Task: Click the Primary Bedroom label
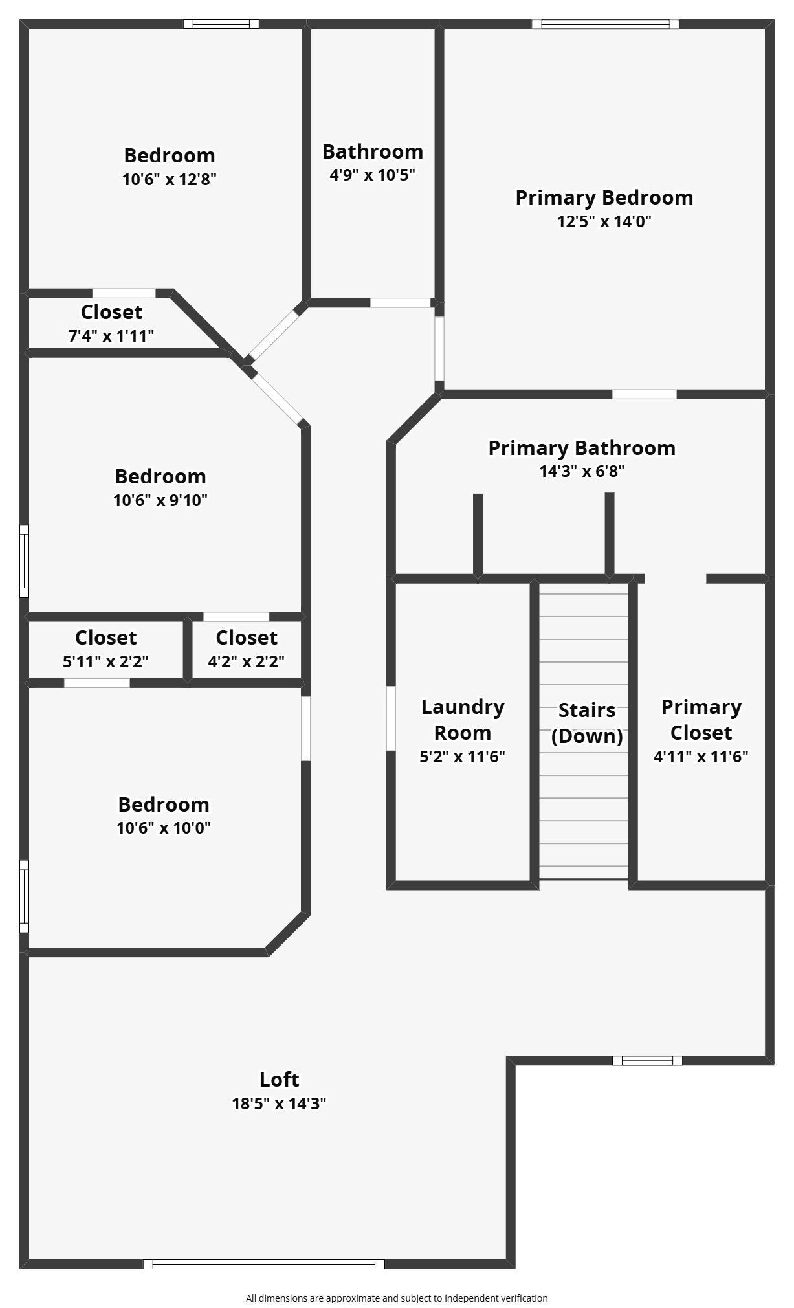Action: pos(604,197)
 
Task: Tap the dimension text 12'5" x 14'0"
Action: pos(604,221)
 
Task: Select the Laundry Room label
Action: pos(463,720)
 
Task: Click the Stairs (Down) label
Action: pos(587,723)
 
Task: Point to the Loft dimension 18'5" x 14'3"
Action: pos(279,1103)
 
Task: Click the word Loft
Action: pos(279,1080)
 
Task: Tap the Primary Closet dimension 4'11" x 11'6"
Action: pos(701,757)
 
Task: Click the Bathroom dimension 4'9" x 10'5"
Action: pos(372,175)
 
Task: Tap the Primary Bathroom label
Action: pos(582,448)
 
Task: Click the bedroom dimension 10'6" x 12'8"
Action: pos(169,179)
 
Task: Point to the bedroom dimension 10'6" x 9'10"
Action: pos(160,500)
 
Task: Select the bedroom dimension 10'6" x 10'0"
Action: pos(163,828)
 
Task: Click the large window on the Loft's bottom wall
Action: pos(264,1263)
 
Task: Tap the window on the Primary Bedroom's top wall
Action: pos(605,25)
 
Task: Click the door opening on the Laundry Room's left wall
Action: pos(391,718)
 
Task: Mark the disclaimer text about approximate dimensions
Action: pos(397,1298)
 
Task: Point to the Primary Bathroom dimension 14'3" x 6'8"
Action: pos(582,471)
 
